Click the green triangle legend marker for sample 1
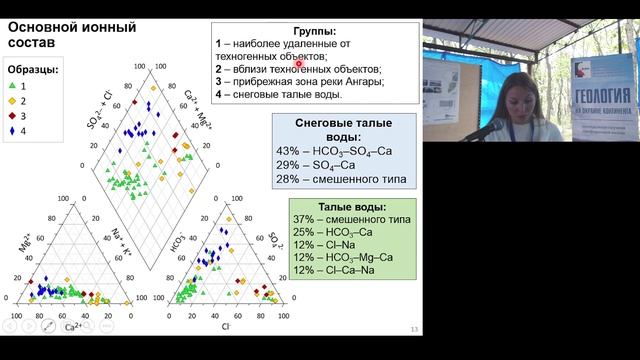pos(13,87)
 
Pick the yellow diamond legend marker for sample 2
pos(13,101)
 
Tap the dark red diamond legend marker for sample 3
pos(13,116)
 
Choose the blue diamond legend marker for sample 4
pos(13,131)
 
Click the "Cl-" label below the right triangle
pos(228,326)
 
